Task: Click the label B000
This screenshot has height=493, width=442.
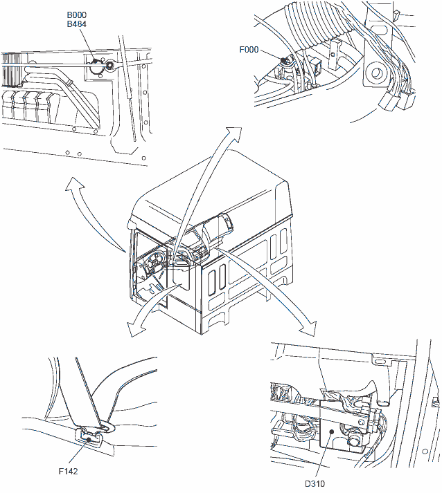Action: (77, 15)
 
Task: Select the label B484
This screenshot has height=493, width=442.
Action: (77, 24)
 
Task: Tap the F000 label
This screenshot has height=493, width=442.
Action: (249, 50)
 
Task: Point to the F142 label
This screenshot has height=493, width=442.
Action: (68, 471)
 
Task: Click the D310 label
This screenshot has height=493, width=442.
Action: (315, 483)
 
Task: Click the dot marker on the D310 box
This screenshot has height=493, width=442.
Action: (331, 431)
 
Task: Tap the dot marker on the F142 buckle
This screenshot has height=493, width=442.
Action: (89, 439)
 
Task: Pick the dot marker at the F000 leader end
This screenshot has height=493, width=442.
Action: (283, 59)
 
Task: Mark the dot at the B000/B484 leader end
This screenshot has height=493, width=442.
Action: (94, 61)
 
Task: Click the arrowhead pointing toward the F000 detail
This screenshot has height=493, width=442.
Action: (233, 133)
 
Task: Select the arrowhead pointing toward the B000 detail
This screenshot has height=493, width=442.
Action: (73, 184)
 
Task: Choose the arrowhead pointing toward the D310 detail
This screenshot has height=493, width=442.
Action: (308, 328)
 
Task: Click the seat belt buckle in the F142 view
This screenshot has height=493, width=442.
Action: (89, 438)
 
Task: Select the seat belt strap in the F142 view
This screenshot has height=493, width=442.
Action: (85, 392)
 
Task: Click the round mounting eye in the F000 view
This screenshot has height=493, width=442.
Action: (375, 73)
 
